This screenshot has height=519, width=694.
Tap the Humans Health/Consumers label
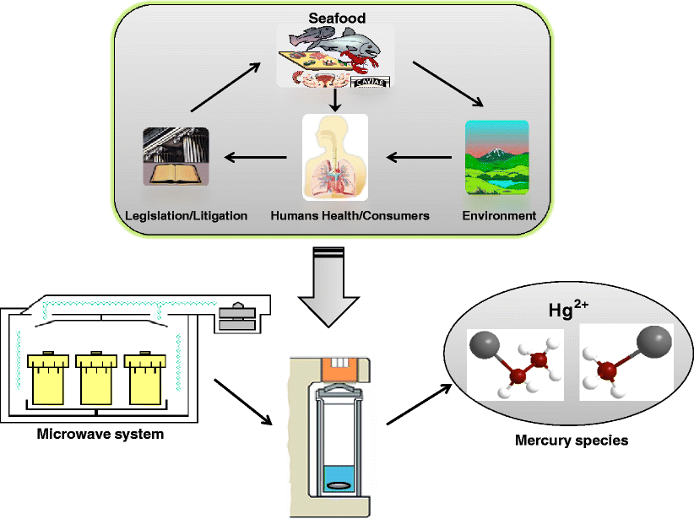(350, 216)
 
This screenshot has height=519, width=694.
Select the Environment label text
(499, 216)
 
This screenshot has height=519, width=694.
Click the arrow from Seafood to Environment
(448, 84)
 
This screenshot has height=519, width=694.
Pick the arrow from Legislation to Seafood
(225, 84)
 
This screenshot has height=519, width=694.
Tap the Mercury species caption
(572, 441)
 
